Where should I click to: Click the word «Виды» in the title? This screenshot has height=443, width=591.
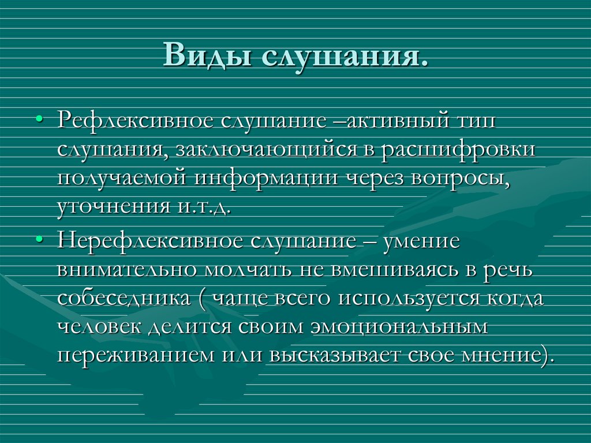pos(207,55)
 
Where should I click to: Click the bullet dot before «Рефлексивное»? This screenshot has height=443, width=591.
pos(40,120)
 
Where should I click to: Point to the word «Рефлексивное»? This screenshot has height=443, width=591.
pos(135,120)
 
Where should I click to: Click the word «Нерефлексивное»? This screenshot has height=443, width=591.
pos(150,240)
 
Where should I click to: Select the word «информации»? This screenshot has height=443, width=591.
pos(266,178)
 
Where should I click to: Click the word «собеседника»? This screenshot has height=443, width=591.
pos(124,298)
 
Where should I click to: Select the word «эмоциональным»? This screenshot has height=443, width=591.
pos(399,326)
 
